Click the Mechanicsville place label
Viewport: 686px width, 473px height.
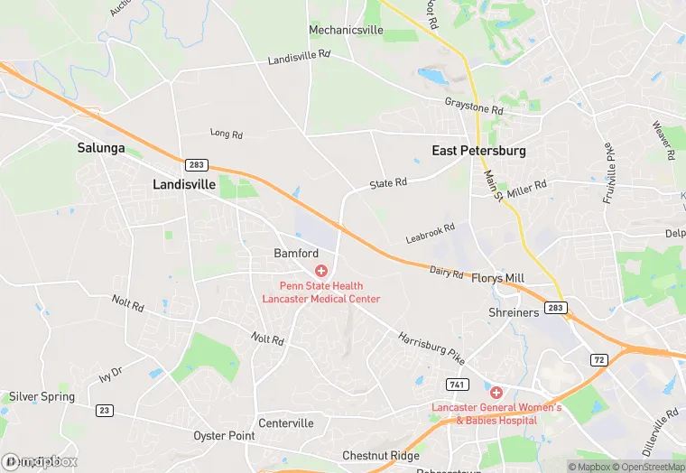[346, 30]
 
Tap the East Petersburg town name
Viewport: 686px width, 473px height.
[478, 151]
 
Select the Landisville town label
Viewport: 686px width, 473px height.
[184, 184]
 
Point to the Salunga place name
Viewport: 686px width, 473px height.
[101, 148]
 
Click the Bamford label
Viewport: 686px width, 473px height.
[296, 254]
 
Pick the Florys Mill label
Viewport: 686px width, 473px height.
[499, 278]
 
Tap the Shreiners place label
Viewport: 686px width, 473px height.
[514, 312]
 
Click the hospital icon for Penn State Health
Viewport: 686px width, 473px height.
[320, 271]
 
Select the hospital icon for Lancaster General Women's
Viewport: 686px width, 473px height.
[496, 393]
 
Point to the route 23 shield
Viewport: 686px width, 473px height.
[106, 410]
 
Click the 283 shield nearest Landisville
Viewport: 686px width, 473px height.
[196, 165]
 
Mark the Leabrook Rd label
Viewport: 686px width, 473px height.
[430, 234]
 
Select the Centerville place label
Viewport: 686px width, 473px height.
[285, 422]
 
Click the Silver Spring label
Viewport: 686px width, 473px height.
[42, 396]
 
